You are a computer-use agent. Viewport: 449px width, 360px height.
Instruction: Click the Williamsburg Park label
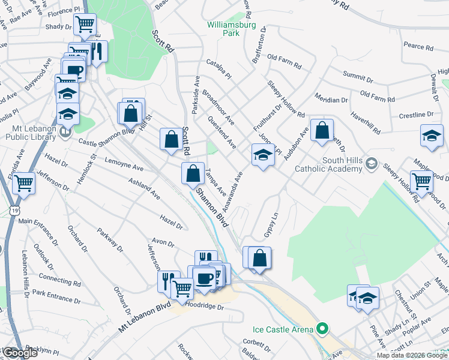click(x=231, y=29)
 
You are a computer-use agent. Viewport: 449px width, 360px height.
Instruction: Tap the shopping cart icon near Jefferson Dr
click(x=25, y=183)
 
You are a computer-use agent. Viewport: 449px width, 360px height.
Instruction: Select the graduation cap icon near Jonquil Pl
click(x=262, y=155)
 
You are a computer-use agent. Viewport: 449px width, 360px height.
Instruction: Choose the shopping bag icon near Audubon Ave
click(x=322, y=130)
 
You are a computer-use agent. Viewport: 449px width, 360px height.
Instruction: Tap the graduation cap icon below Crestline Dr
click(x=432, y=136)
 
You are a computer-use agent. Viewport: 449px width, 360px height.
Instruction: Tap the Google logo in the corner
click(x=20, y=353)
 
